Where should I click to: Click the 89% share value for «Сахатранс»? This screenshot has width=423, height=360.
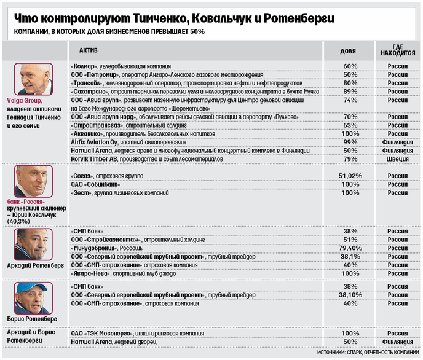tap(350, 91)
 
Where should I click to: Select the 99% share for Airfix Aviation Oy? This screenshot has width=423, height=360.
tap(350, 141)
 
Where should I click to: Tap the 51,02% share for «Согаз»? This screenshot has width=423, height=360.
tap(350, 176)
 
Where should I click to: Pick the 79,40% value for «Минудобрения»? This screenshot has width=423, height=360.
tap(350, 248)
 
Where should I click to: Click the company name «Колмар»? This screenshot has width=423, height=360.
tap(87, 66)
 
